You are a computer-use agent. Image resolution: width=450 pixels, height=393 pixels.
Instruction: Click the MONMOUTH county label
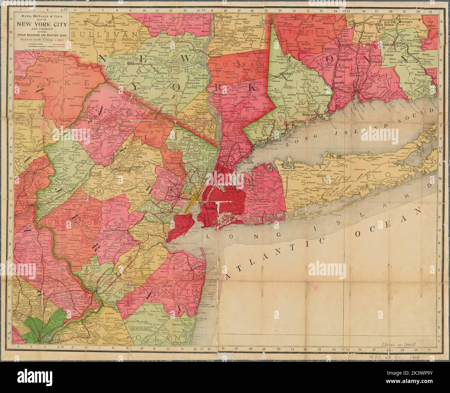[168, 292]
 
